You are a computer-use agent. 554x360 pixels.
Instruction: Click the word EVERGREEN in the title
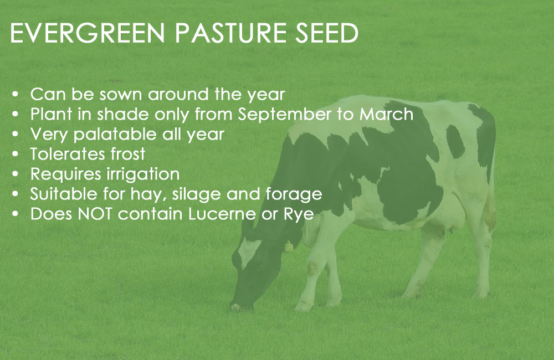click(88, 33)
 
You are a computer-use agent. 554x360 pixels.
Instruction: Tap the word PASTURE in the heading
click(230, 33)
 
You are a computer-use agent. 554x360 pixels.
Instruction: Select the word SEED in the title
click(327, 33)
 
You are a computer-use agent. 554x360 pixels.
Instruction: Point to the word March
click(386, 114)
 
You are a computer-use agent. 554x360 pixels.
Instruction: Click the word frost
click(127, 154)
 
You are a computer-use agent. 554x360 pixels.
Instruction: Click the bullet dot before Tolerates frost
click(15, 155)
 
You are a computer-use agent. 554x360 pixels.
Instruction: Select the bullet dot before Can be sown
click(15, 95)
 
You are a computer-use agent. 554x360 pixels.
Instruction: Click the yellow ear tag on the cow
click(289, 246)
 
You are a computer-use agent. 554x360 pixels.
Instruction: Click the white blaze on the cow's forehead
click(248, 251)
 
